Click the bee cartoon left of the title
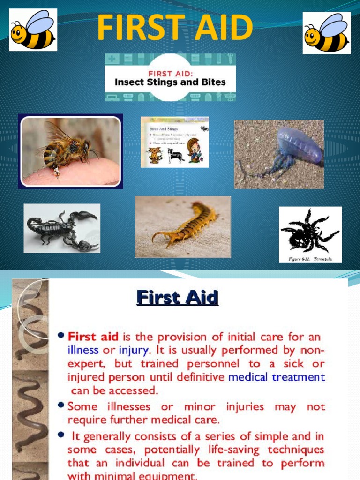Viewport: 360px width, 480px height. (x=33, y=30)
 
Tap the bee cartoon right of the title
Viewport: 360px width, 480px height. (x=326, y=33)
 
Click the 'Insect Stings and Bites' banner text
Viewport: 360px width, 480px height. (x=171, y=82)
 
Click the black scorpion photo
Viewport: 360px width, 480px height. (x=62, y=229)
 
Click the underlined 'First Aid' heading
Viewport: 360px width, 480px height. (x=177, y=299)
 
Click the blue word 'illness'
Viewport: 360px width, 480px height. (x=83, y=350)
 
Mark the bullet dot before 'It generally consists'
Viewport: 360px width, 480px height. (x=61, y=435)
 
